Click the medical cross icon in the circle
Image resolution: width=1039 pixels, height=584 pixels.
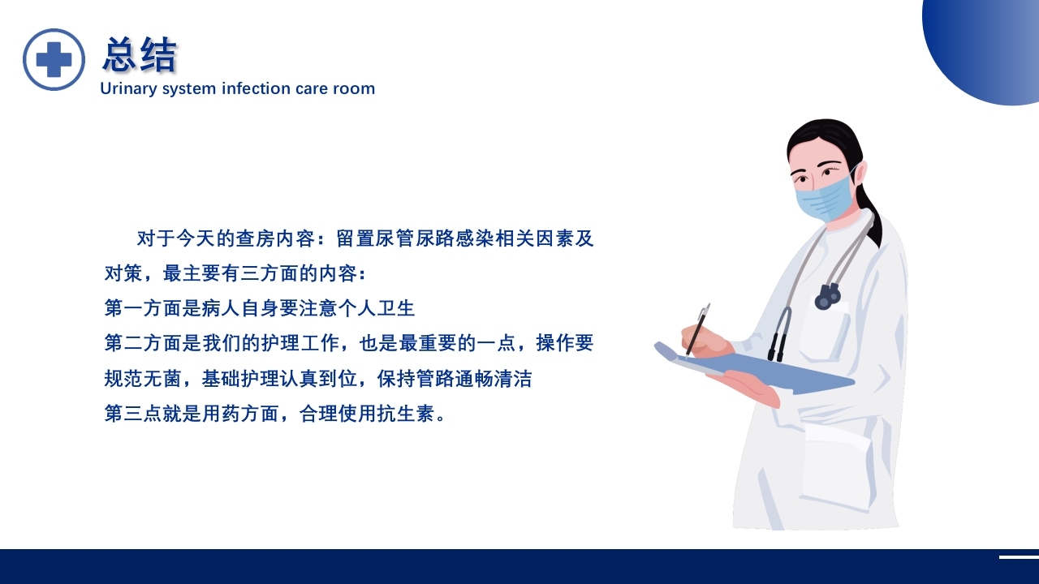(54, 59)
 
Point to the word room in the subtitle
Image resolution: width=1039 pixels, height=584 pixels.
(354, 88)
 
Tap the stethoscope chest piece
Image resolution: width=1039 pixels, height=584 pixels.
(827, 298)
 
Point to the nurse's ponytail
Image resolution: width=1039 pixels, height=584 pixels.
(870, 215)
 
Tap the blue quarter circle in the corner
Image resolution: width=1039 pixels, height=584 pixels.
(986, 45)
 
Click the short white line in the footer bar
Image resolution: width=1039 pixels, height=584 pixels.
(1019, 557)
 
